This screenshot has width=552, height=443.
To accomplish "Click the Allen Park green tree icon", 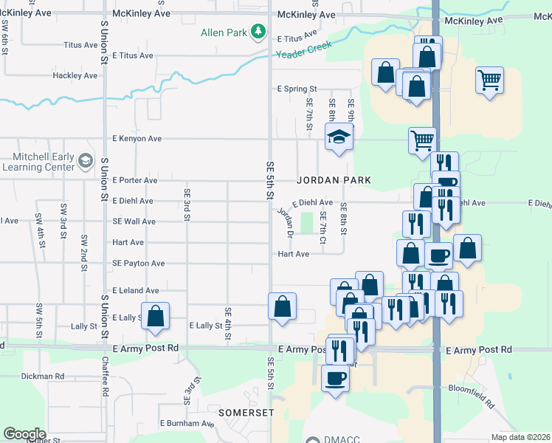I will click(x=258, y=32).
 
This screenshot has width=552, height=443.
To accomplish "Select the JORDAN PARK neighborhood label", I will click(x=334, y=180).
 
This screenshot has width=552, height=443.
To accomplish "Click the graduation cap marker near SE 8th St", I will click(x=339, y=137).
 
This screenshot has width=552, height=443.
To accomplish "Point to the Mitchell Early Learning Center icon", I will click(x=86, y=160).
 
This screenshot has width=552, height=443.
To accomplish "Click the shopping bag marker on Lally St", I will click(x=156, y=316).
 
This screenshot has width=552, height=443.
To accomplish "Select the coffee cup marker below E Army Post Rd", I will click(x=335, y=378).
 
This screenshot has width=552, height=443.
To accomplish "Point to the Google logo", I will click(x=24, y=433).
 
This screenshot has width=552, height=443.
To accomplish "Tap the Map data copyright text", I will click(x=521, y=437).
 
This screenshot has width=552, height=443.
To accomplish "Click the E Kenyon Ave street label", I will click(x=137, y=139).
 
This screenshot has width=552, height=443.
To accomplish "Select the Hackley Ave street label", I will click(x=75, y=76).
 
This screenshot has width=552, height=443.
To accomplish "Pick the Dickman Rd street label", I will click(x=44, y=376).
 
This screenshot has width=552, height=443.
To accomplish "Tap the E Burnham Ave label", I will click(x=187, y=424).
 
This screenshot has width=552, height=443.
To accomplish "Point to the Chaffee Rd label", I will click(x=106, y=380).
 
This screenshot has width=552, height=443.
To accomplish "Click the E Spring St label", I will click(x=297, y=89).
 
